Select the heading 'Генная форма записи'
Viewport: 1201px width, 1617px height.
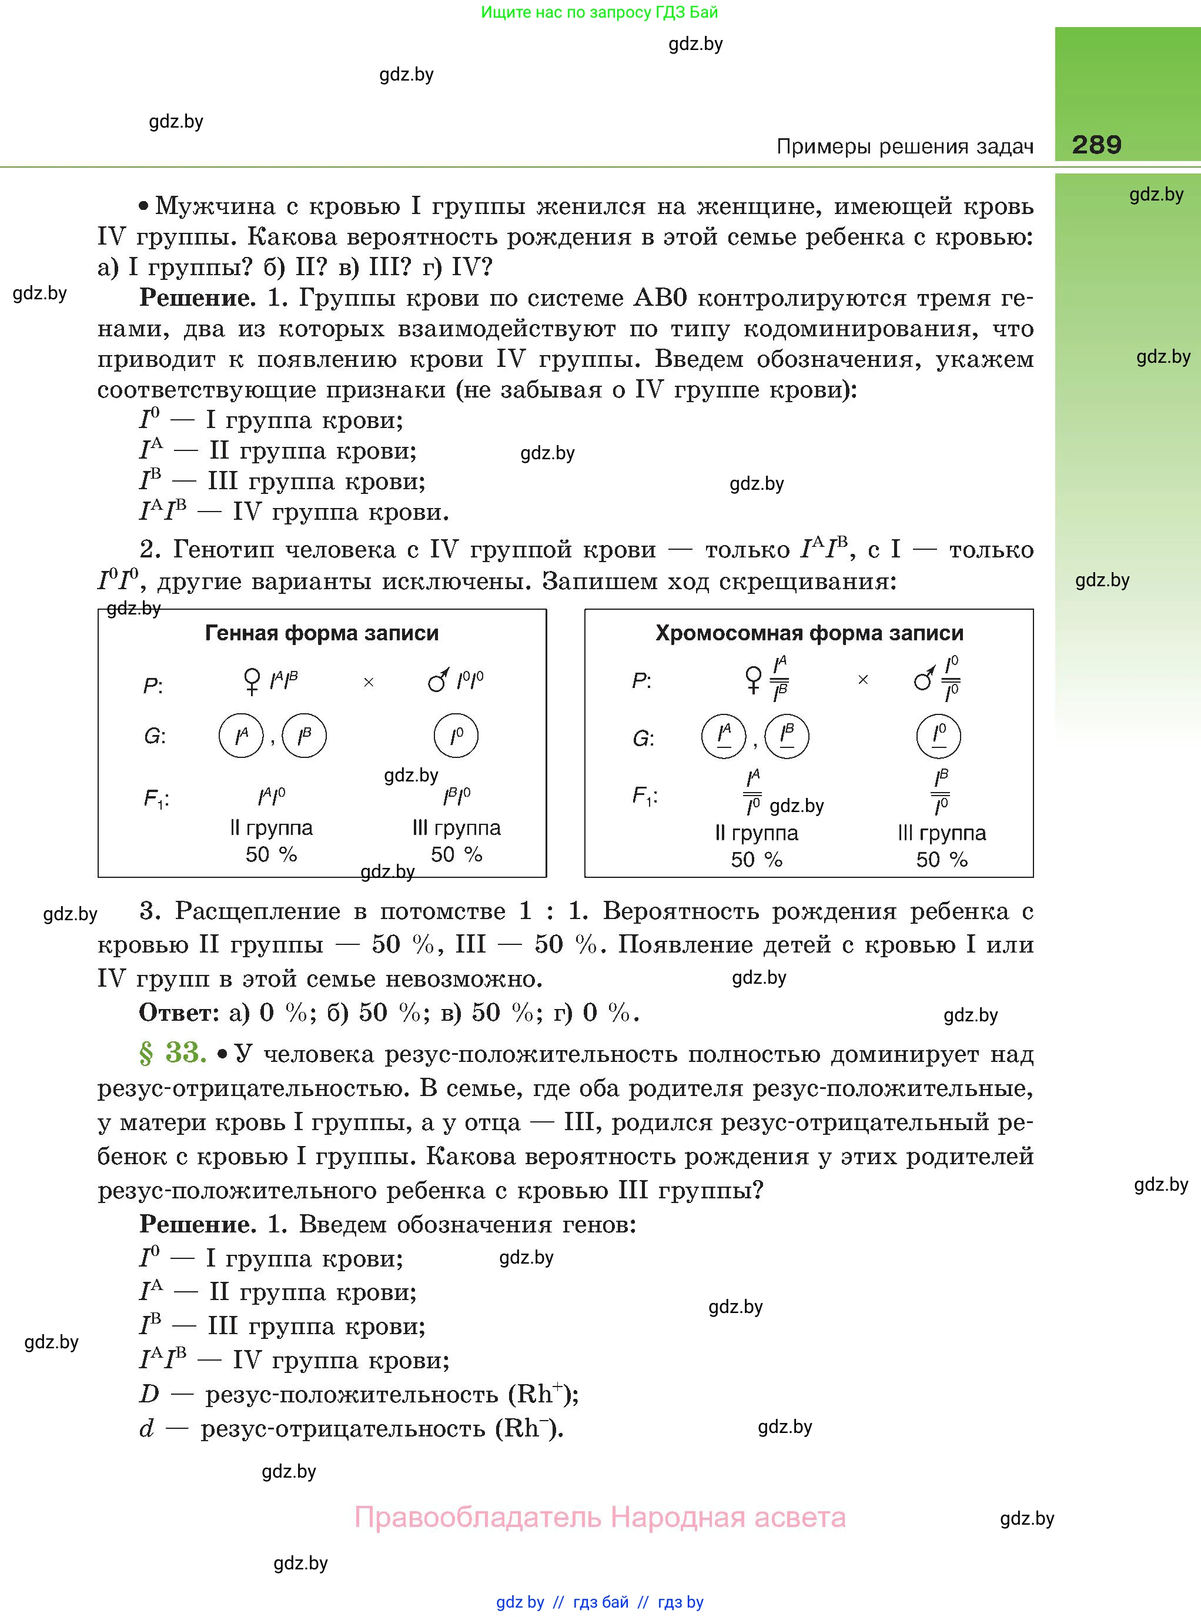coord(322,633)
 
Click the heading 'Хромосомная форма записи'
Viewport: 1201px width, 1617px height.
coord(809,633)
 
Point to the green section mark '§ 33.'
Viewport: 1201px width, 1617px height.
coord(173,1052)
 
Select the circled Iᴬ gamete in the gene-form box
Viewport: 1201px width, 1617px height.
coord(240,736)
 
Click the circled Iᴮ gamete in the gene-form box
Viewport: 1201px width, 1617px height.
coord(304,736)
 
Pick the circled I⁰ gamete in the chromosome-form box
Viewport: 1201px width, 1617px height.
coord(939,735)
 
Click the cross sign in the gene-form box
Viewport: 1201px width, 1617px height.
coord(369,682)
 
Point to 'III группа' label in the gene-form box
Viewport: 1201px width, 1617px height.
coord(457,827)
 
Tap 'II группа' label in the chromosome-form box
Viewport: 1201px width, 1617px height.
coord(756,833)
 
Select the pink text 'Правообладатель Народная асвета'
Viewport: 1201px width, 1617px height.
coord(600,1518)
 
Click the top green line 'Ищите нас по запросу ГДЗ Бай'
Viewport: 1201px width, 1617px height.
coord(600,12)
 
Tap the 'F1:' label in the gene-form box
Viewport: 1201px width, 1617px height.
coord(156,799)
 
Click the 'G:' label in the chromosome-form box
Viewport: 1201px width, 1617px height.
coord(643,739)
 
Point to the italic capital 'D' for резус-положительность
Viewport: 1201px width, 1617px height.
coord(149,1394)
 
